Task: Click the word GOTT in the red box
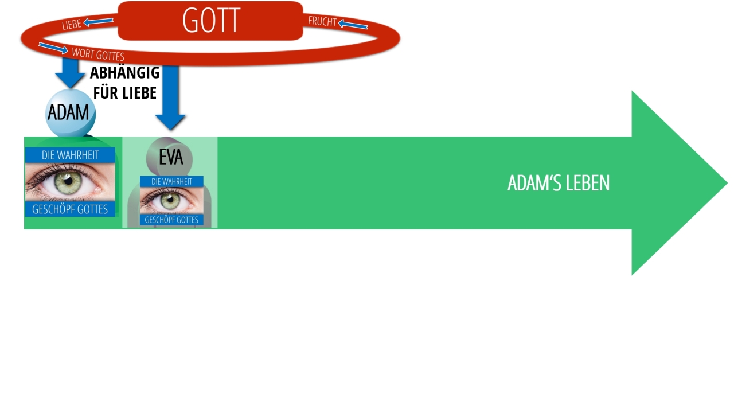click(210, 21)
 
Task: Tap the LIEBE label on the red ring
click(72, 25)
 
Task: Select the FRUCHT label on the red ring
click(322, 22)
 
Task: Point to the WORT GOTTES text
click(97, 54)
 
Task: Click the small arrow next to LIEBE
click(98, 22)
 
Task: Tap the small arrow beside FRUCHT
click(353, 25)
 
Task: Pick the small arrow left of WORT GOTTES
click(53, 48)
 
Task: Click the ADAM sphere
click(69, 112)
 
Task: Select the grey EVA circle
click(170, 157)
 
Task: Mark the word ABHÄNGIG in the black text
click(125, 73)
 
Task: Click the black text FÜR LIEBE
click(125, 92)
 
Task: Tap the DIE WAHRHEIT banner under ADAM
click(70, 155)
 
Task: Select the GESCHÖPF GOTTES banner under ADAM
click(70, 209)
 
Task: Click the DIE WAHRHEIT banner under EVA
click(171, 181)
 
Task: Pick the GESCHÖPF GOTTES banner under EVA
click(171, 220)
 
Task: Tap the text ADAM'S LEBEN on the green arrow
click(558, 183)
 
